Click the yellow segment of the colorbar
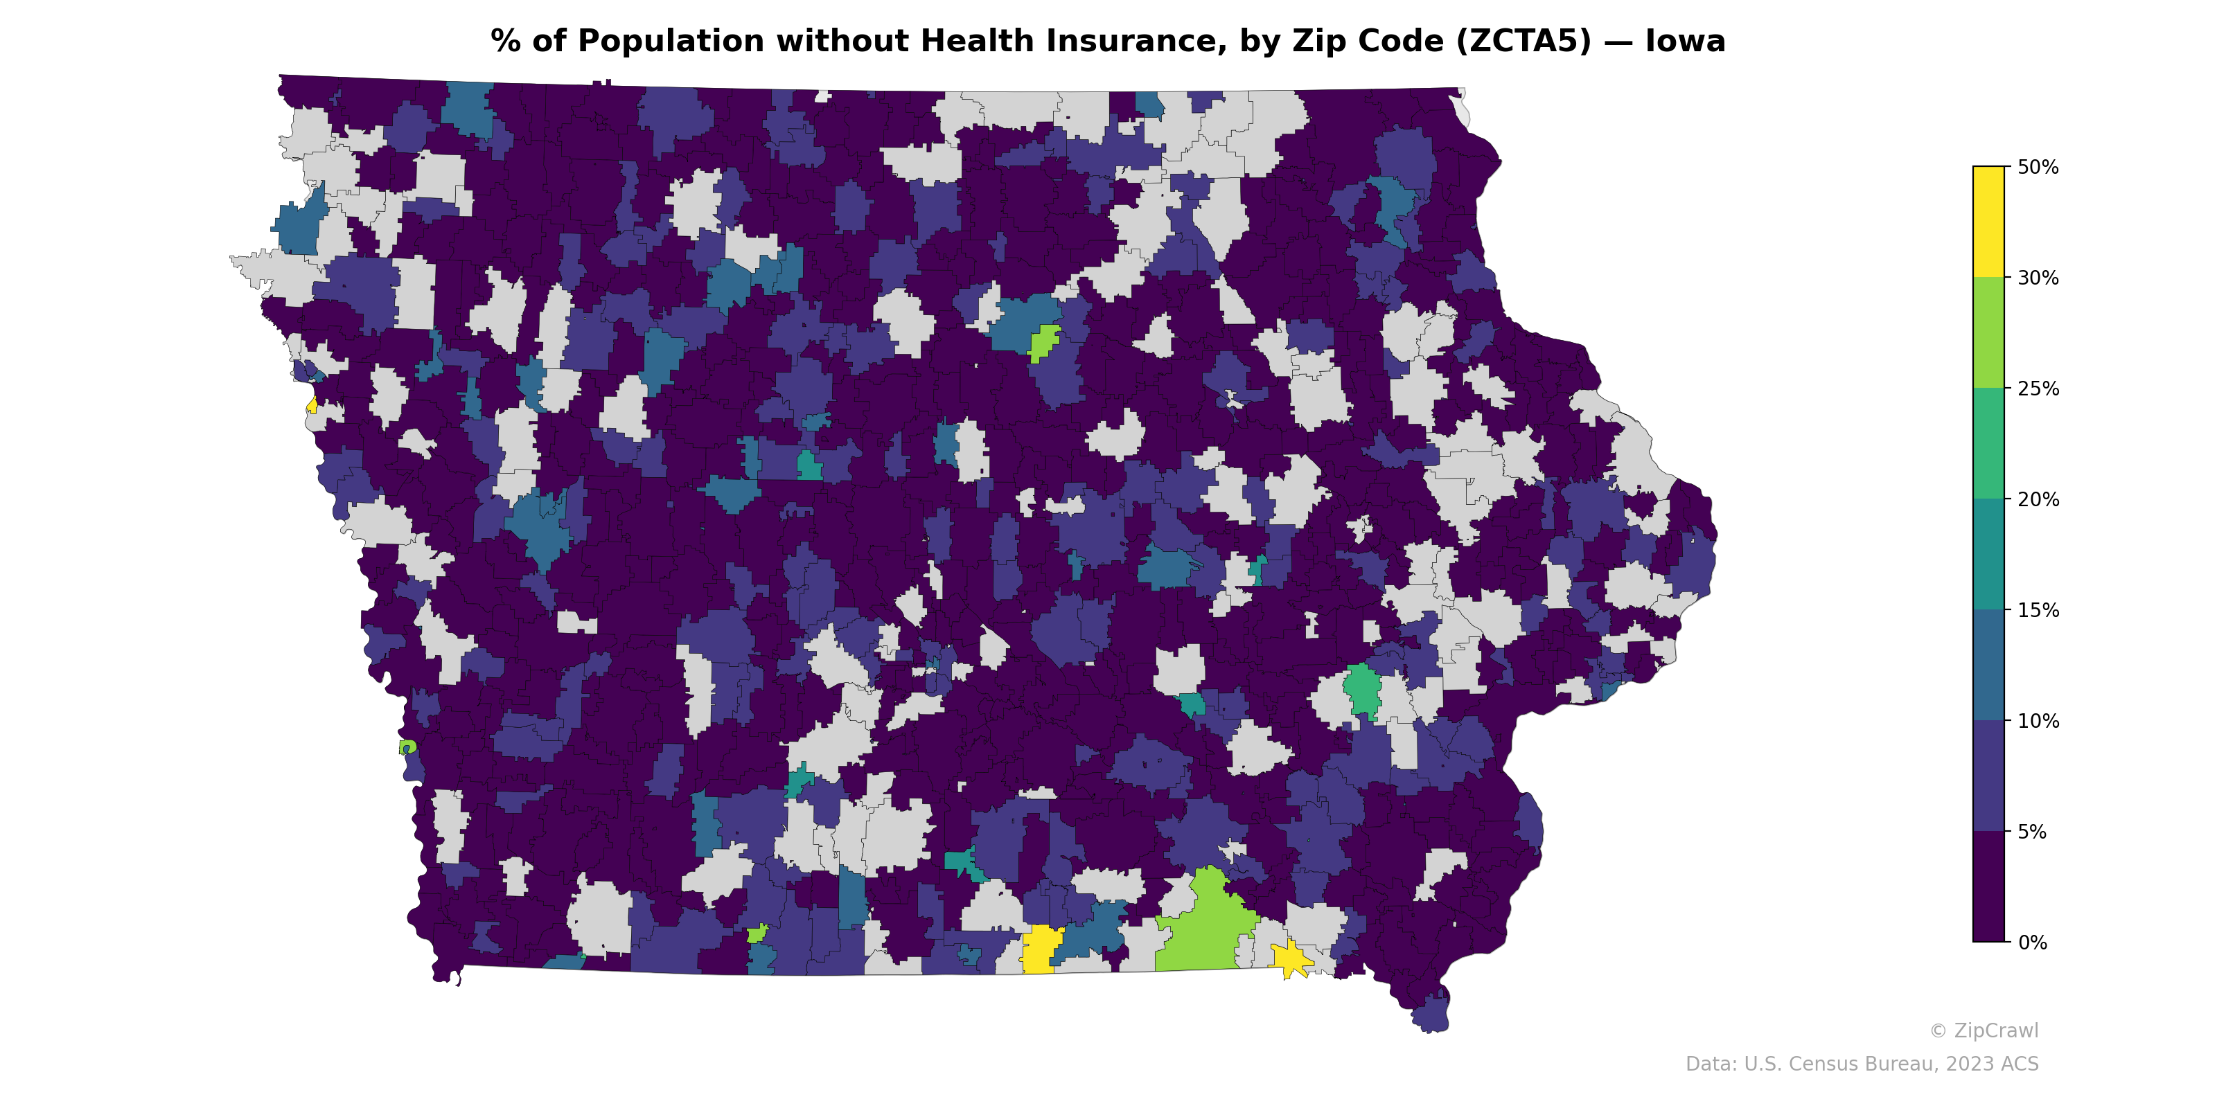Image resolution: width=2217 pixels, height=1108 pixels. tap(1988, 221)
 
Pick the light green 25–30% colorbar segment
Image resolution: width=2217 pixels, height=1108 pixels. tap(1988, 333)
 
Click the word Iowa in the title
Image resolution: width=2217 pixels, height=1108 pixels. tap(1684, 42)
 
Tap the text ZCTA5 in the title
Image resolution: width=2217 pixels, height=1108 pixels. tap(1523, 42)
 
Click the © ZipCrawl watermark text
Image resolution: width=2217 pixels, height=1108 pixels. tap(1984, 1031)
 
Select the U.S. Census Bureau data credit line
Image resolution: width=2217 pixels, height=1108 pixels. tap(1862, 1065)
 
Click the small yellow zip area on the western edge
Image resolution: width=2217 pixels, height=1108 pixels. tap(312, 406)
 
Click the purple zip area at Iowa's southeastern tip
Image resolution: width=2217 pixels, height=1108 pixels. tap(1431, 1015)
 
